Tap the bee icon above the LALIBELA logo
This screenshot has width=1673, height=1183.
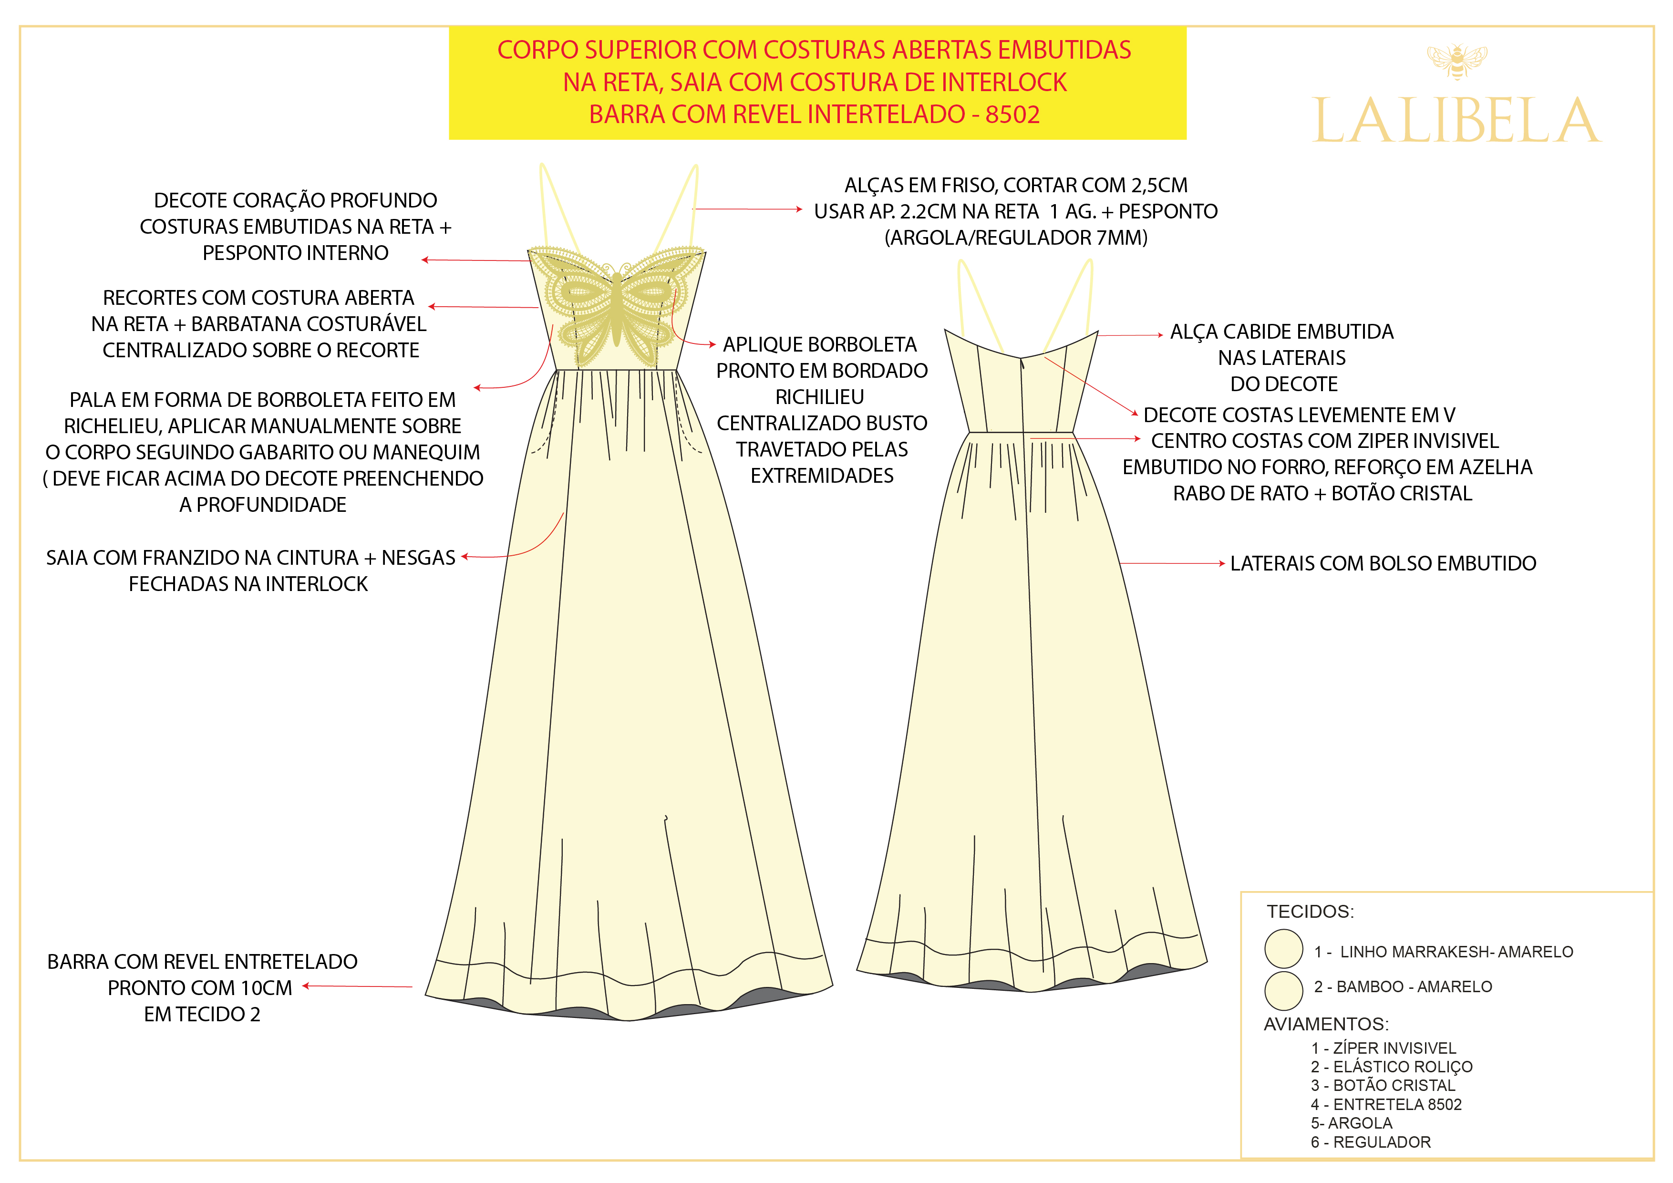(1456, 61)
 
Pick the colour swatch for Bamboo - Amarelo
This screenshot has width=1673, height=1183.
(1283, 990)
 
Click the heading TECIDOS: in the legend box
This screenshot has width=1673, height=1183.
(1310, 911)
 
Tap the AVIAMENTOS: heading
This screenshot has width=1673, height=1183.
(1325, 1024)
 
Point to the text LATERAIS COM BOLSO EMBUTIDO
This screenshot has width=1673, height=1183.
(1382, 563)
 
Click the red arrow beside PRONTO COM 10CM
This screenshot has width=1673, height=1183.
(357, 986)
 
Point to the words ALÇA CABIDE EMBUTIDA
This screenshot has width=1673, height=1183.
(1281, 332)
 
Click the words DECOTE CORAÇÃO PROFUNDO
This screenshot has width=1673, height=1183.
(295, 200)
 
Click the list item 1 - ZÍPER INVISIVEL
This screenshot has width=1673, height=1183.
(1382, 1048)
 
